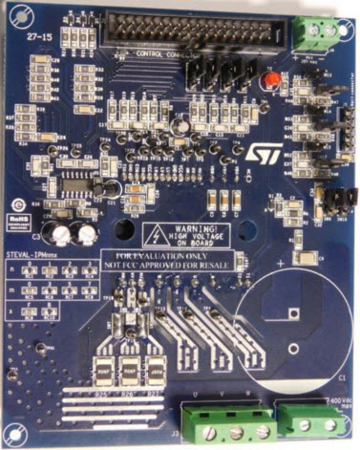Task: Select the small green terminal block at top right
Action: tap(321, 32)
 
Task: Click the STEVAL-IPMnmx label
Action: tap(32, 255)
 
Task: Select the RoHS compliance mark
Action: tap(18, 217)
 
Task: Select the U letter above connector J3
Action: tap(196, 395)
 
